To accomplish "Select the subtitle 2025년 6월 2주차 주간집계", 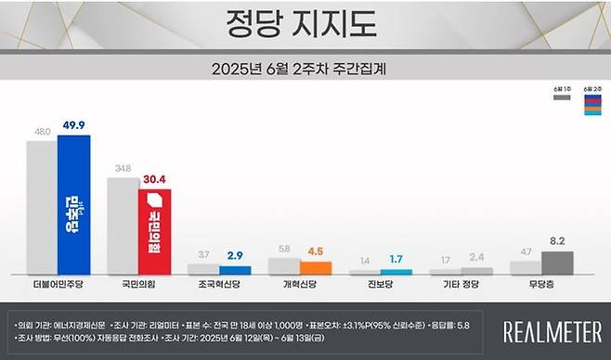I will tap(305, 69).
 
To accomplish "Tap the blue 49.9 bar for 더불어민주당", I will tap(73, 204).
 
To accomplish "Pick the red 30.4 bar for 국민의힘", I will tap(154, 231).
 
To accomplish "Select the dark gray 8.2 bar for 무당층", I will tap(557, 262).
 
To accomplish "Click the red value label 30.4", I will tap(154, 181).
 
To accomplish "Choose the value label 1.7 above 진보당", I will tap(370, 259).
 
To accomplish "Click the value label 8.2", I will tap(557, 241).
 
